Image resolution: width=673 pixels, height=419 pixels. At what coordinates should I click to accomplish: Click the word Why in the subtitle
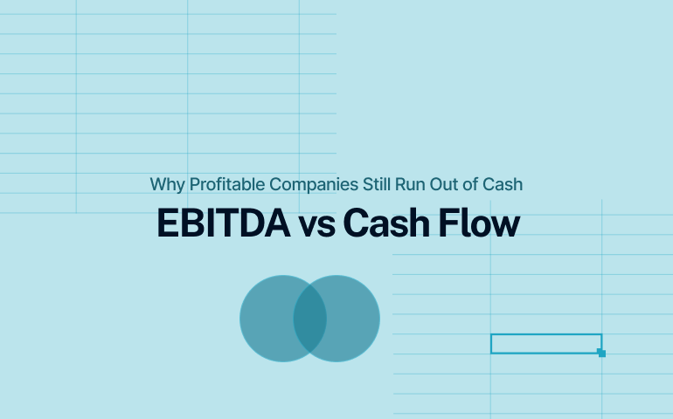click(x=163, y=184)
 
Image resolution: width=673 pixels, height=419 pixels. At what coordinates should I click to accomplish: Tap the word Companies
click(x=309, y=184)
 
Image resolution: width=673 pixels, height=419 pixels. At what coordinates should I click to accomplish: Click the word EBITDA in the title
click(x=223, y=223)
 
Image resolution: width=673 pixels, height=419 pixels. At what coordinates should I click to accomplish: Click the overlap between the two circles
click(x=309, y=319)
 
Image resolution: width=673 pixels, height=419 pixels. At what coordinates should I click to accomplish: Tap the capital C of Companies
click(x=274, y=184)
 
